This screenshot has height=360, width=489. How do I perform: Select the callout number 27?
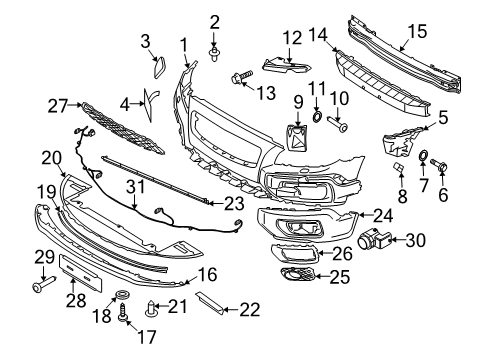(57, 103)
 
